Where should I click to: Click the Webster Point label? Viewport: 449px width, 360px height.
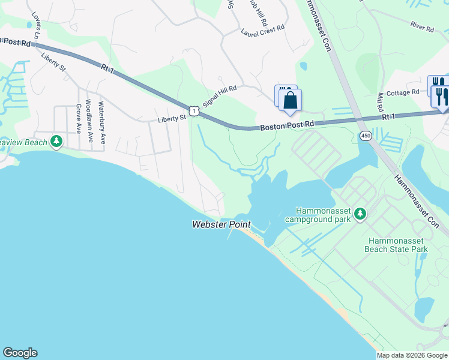click(x=221, y=225)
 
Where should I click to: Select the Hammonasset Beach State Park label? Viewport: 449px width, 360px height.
click(x=397, y=244)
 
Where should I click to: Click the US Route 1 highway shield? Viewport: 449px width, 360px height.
click(x=193, y=110)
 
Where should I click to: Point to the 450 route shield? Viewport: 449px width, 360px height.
click(x=365, y=136)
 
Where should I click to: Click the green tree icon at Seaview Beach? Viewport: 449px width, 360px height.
click(x=56, y=142)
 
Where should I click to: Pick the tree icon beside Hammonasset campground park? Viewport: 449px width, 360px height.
click(x=360, y=214)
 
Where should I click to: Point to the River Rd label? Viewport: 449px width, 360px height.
click(x=423, y=27)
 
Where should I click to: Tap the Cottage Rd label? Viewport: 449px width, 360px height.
click(x=403, y=92)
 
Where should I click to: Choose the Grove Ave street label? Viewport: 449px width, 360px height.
click(x=78, y=118)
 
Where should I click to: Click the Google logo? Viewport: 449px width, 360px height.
click(x=20, y=353)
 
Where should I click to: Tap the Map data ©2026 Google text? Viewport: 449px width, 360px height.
click(x=412, y=355)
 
